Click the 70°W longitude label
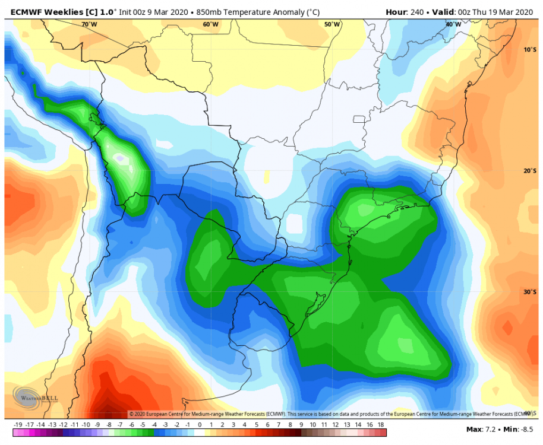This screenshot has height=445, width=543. coord(89,24)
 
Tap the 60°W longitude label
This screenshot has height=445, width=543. coord(210,24)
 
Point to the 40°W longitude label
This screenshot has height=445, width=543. coord(453,24)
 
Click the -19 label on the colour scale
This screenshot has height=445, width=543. coord(18,425)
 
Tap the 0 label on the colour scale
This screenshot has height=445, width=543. coord(200,425)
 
